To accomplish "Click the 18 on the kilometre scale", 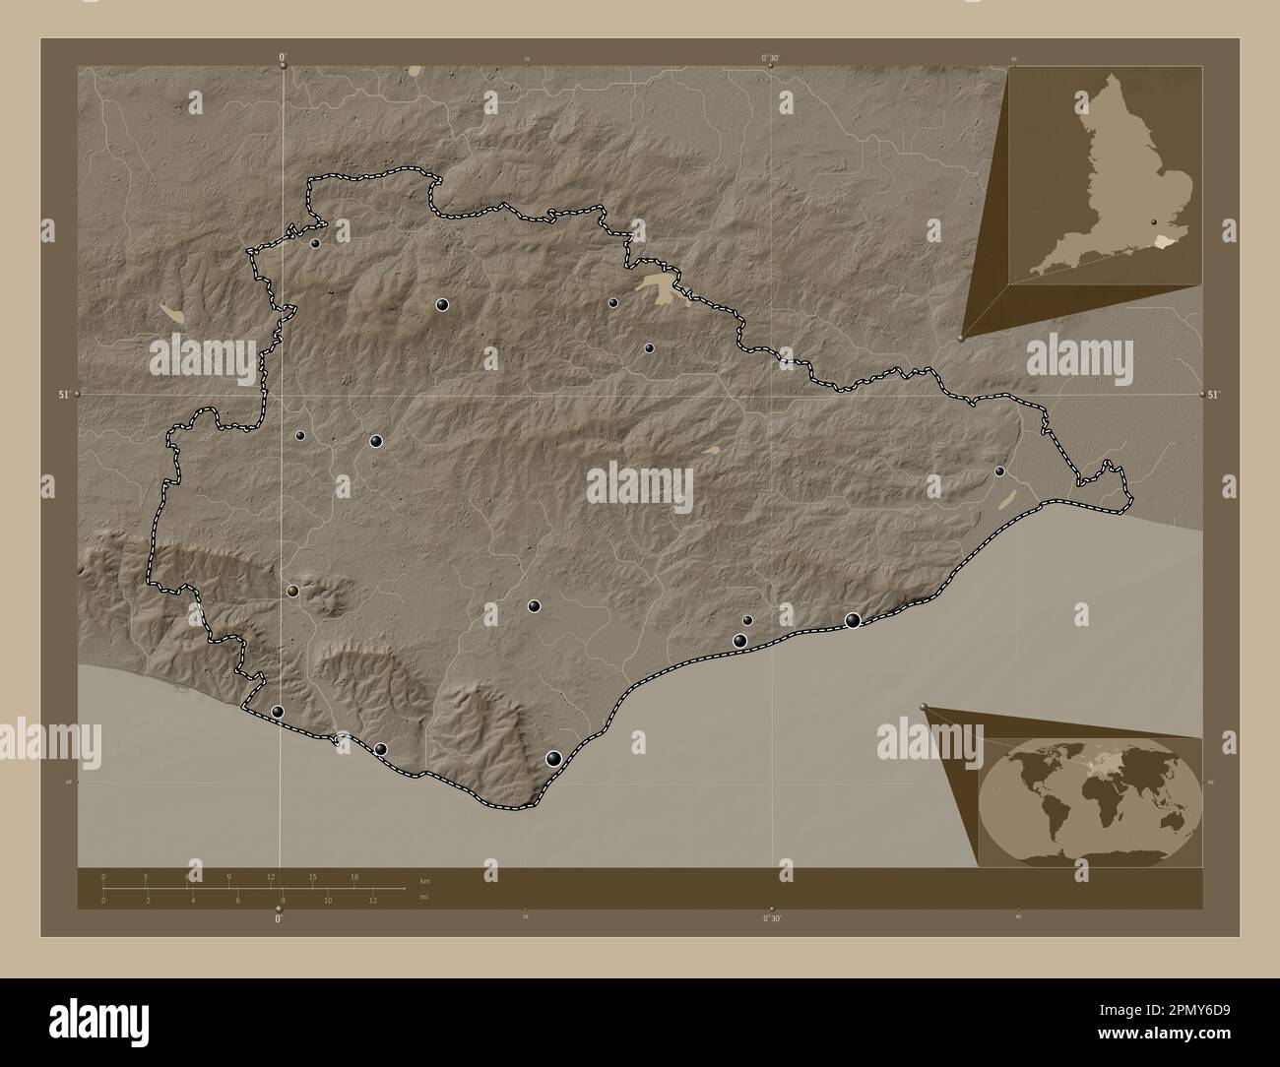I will point(353,876).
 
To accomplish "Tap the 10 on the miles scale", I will point(328,901).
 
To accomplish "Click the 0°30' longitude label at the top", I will point(770,58).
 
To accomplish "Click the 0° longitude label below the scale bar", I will point(279,919).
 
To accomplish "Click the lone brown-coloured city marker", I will point(292,591).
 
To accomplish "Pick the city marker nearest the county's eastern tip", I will point(999,472).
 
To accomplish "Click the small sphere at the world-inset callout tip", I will point(924,707).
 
